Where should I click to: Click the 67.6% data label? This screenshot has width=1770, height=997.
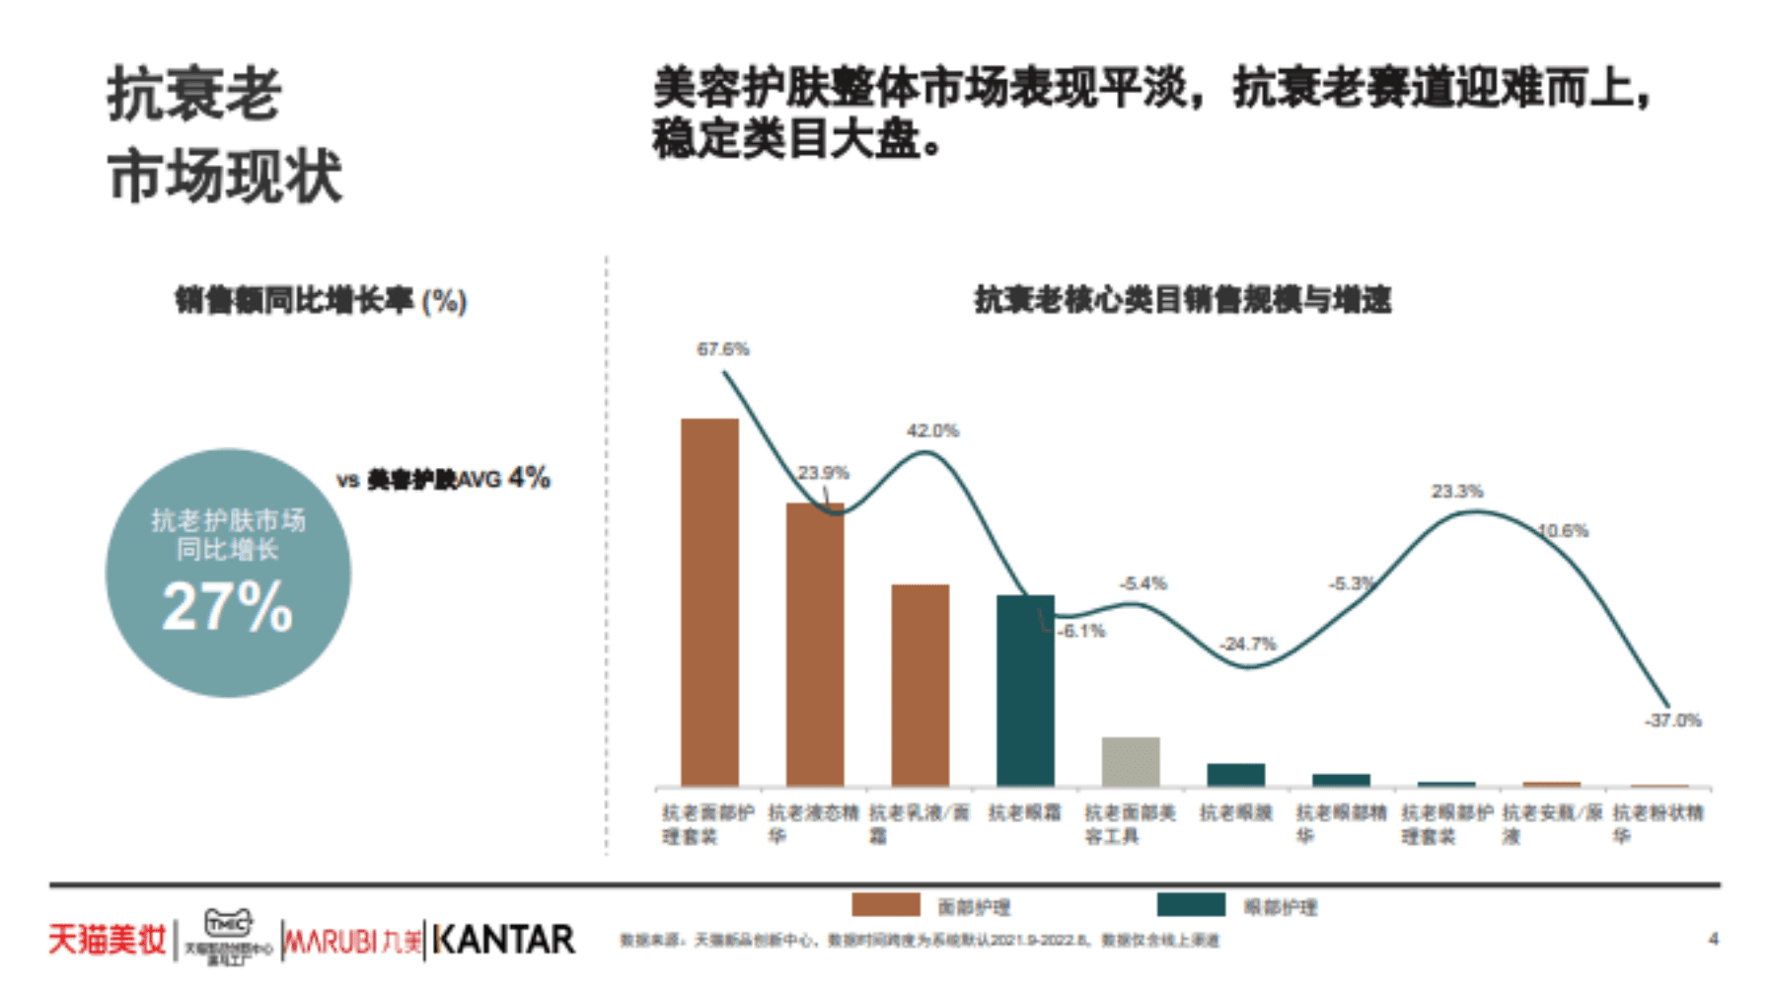coord(722,349)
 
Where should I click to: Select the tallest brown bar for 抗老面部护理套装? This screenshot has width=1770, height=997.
coord(709,602)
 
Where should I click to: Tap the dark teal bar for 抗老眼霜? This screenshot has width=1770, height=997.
coord(1025,690)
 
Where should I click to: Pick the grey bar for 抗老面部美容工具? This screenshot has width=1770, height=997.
coord(1130,761)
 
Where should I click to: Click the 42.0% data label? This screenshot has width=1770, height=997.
coord(932,431)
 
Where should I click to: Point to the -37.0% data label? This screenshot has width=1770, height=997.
coord(1673,721)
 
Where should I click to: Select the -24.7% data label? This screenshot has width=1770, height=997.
coord(1248,645)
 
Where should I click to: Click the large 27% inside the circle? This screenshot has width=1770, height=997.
coord(228,606)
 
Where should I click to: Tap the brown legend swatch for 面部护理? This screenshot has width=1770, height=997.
coord(885,905)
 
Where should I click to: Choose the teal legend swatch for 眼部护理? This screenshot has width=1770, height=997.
coord(1191,905)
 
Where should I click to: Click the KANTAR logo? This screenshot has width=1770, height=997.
coord(503,940)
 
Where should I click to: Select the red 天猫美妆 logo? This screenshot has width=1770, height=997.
coord(108,940)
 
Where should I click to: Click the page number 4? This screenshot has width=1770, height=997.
coord(1714,939)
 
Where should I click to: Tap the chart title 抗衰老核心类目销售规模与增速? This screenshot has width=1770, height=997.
coord(1182,300)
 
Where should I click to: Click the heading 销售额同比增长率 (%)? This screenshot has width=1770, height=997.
coord(321,301)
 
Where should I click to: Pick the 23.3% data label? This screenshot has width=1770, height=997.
coord(1457,492)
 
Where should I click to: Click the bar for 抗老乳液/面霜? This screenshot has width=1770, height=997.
coord(920,685)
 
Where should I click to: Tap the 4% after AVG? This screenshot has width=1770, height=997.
coord(529,479)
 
